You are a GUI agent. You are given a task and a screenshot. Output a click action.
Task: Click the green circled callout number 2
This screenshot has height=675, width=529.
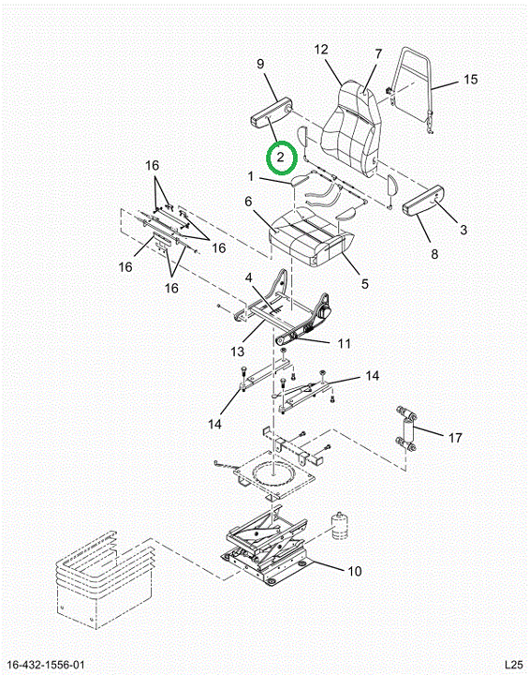[x=281, y=157]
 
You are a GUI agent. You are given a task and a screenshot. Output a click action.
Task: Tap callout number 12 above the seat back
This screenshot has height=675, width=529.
[x=321, y=50]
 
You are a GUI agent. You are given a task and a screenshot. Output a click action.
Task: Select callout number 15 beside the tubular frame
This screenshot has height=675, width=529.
[x=471, y=79]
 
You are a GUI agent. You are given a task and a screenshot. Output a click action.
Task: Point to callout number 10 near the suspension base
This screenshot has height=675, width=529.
[x=355, y=571]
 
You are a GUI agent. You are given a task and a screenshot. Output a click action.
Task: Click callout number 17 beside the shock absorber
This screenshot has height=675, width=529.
[x=455, y=438]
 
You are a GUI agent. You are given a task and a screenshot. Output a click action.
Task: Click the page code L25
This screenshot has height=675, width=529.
[x=513, y=665]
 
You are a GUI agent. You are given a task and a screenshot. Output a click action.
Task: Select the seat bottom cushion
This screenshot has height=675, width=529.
[x=312, y=238]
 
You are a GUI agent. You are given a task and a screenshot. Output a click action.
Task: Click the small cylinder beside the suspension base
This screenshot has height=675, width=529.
[x=340, y=526]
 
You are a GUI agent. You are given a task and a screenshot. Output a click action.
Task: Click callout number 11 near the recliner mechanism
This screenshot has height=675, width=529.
[x=344, y=343]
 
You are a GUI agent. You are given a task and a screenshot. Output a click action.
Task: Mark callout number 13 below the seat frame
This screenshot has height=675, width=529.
[x=237, y=352]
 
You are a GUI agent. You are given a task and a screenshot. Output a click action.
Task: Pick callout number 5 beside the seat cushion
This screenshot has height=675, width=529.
[x=365, y=284]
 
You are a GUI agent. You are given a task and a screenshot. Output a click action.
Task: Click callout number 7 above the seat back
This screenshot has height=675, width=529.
[x=378, y=54]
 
